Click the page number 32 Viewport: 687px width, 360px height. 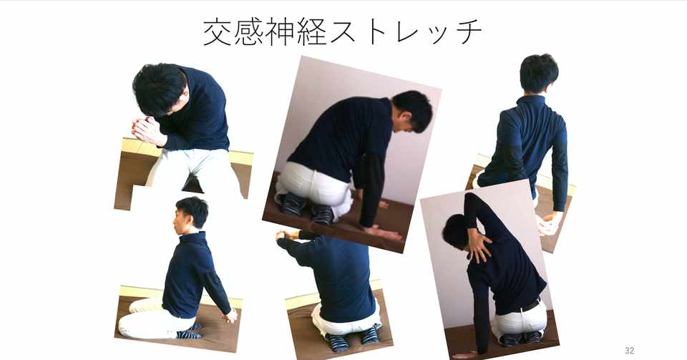point(629,351)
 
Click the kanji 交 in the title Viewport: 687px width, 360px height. point(218,31)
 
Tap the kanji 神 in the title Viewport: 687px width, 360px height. point(280,31)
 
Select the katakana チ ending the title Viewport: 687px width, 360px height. point(467,32)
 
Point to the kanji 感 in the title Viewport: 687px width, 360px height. point(248,31)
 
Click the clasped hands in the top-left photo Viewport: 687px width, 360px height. point(147,130)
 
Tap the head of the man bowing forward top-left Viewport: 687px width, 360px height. point(160,89)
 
